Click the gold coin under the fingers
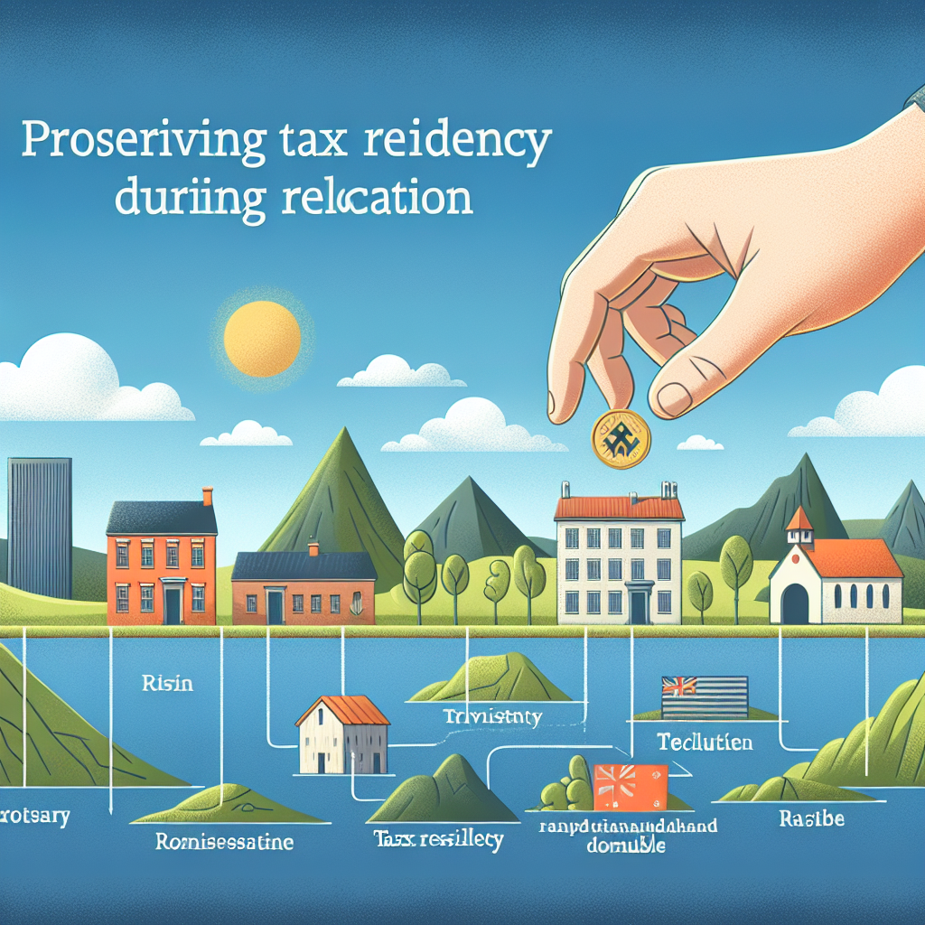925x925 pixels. (619, 438)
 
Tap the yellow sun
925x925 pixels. (262, 339)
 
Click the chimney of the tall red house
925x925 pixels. (207, 496)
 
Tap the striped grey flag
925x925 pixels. (705, 696)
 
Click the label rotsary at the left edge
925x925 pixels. (35, 816)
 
